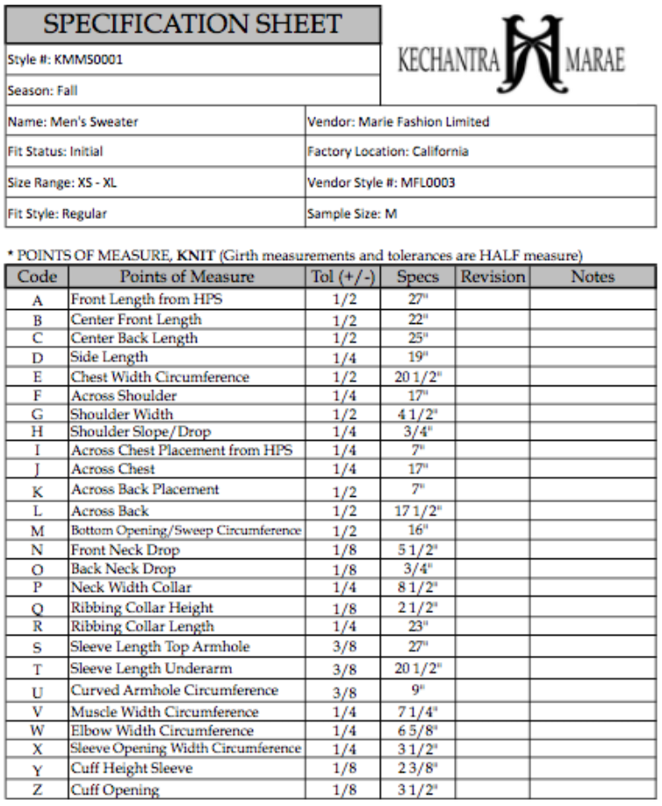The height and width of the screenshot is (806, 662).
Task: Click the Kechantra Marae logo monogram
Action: pos(533,55)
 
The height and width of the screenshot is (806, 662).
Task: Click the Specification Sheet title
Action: pos(192,24)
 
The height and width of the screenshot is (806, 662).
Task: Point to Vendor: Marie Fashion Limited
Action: pos(398,121)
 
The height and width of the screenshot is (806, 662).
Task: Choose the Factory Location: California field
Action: pos(387,151)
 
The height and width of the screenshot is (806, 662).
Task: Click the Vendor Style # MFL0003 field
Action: pos(381,183)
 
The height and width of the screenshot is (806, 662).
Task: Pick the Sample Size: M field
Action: pos(356,212)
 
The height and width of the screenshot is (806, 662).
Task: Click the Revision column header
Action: pos(493,277)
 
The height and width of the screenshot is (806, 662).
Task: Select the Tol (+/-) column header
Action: pos(343,277)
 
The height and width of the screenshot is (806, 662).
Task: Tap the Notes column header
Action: pos(593,277)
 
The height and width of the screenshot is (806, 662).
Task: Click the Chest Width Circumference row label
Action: pos(160,377)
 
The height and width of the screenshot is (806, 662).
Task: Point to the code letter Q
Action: pos(38,608)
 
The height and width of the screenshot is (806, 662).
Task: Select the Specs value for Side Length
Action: pos(417,357)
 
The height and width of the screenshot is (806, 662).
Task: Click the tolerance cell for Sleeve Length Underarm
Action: pos(343,670)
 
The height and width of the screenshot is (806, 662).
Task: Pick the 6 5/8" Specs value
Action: pos(417,730)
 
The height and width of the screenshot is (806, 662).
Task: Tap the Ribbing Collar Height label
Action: pos(142,608)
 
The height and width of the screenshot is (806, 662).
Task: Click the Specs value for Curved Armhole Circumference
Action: pos(417,691)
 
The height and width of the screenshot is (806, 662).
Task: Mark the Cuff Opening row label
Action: pos(115,789)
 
